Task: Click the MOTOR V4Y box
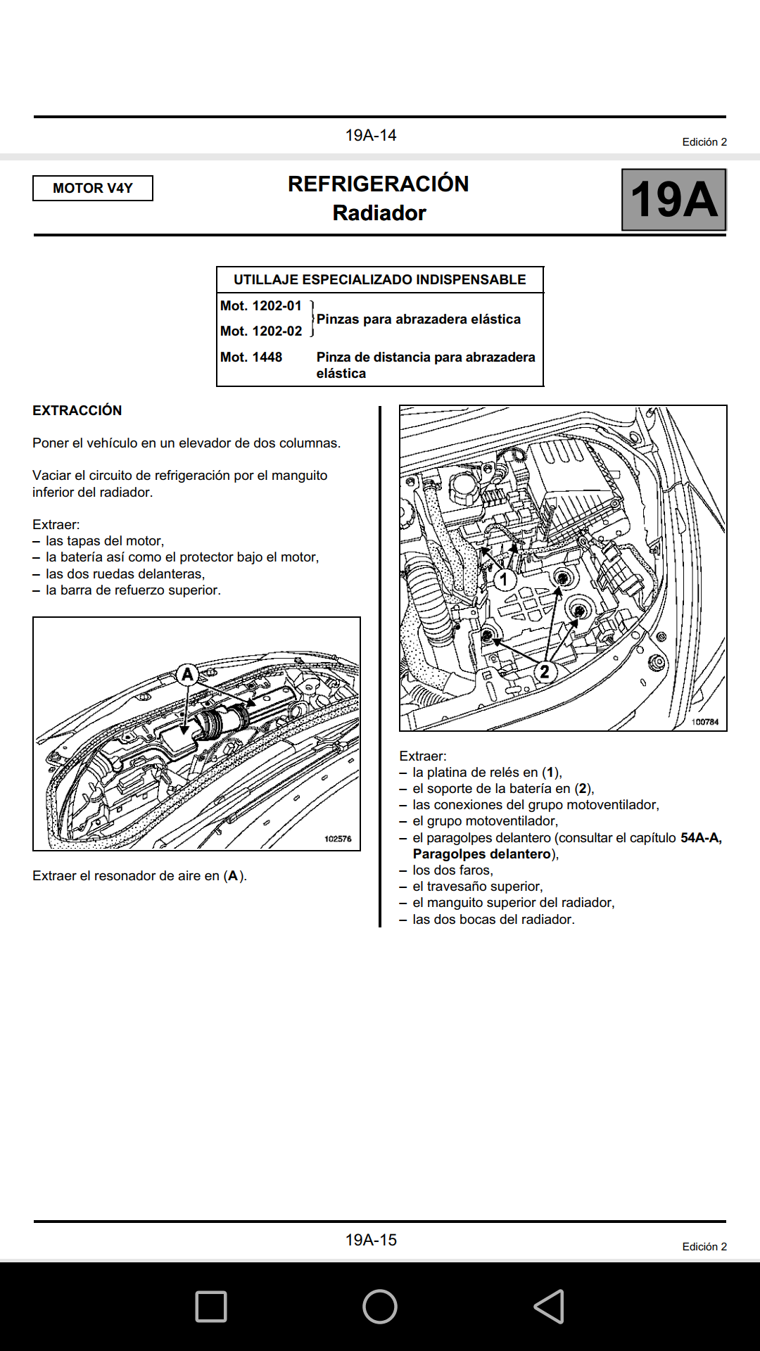point(93,188)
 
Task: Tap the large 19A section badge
point(673,200)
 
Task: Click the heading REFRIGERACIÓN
point(379,184)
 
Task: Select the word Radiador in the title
point(379,213)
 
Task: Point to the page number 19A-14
point(371,135)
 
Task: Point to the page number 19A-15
point(371,1240)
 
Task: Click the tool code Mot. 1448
point(251,357)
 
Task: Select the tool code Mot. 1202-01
point(261,306)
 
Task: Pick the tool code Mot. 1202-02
point(261,331)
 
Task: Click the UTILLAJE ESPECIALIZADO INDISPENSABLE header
point(380,279)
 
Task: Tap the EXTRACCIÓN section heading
point(77,410)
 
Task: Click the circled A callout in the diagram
point(187,675)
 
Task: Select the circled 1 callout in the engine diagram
point(504,580)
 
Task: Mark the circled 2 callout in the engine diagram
point(545,671)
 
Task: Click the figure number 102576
point(338,839)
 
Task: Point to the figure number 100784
point(704,722)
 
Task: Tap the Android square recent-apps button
point(211,1307)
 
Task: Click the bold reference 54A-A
point(700,838)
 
